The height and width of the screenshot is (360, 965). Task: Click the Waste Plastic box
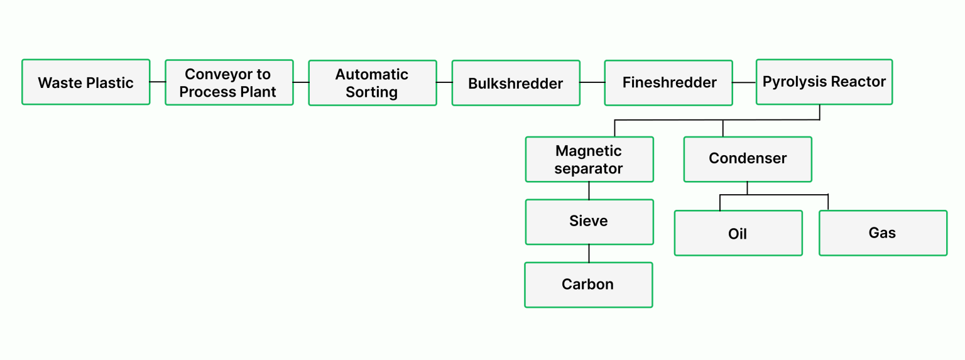pos(86,82)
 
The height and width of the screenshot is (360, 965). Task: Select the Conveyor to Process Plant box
pos(229,83)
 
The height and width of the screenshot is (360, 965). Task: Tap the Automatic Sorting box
pos(373,83)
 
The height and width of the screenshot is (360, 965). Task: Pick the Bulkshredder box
pos(516,83)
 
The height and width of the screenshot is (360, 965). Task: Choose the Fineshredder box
pos(668,83)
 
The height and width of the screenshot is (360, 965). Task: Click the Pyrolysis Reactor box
pos(824,82)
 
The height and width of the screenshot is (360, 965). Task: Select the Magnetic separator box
pos(589,160)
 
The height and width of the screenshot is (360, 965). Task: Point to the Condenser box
pos(748,160)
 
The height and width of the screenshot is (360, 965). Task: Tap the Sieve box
pos(589,222)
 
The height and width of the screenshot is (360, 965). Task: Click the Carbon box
pos(589,285)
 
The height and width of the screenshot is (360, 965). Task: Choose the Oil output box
pos(738,233)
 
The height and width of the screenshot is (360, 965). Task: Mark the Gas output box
pos(883,233)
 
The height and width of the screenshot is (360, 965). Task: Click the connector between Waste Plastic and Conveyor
pos(158,82)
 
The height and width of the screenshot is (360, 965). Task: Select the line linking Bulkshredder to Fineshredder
pos(592,82)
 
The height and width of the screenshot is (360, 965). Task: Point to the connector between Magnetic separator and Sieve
pos(589,190)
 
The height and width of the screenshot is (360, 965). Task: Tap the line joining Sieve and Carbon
pos(589,253)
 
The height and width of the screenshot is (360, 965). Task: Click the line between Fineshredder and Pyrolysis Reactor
pos(744,82)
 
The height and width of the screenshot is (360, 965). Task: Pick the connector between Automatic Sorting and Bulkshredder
pos(444,82)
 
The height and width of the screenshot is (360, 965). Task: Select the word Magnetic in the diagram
pos(589,151)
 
